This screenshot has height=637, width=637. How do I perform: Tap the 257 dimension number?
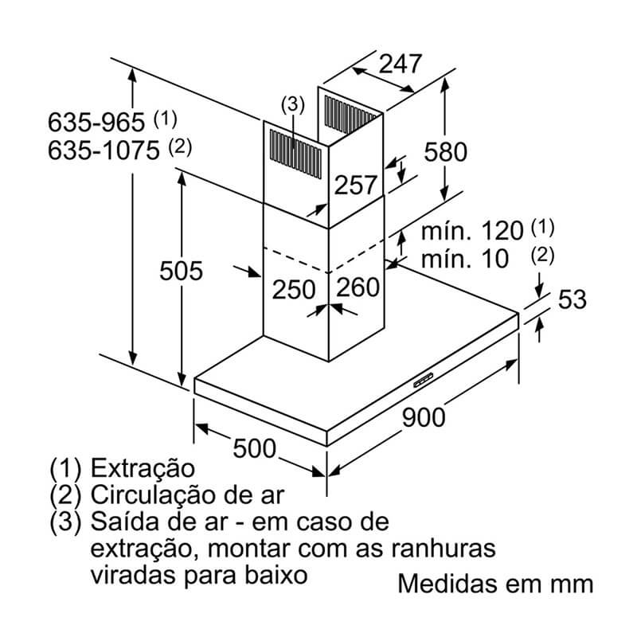point(354,185)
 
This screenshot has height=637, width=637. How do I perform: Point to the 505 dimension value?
point(182,271)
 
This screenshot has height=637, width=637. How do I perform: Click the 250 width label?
point(295,289)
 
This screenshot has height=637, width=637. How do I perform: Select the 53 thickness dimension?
point(572,299)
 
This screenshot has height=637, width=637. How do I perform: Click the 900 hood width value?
point(423,416)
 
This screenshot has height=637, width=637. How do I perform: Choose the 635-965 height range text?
point(98,123)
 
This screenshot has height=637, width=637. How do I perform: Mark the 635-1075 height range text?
point(104,150)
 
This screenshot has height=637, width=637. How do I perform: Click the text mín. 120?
point(472,232)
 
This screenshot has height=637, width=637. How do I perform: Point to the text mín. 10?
point(464,259)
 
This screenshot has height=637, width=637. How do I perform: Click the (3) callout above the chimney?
point(292,104)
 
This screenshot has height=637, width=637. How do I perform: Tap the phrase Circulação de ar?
point(187,494)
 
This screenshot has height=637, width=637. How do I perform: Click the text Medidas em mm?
point(495,584)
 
